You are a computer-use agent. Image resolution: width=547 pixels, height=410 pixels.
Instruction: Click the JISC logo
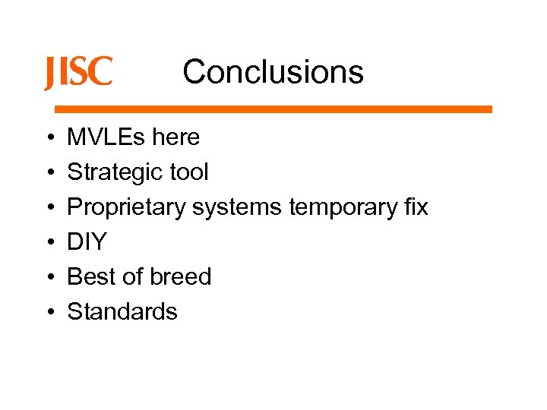click(x=78, y=73)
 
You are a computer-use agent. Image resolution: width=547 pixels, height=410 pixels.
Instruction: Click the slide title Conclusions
click(x=273, y=72)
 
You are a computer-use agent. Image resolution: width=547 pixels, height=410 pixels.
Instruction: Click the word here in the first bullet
click(x=175, y=137)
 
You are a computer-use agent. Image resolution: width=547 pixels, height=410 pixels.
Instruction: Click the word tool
click(x=188, y=172)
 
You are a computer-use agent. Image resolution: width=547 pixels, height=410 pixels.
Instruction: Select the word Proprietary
click(x=126, y=207)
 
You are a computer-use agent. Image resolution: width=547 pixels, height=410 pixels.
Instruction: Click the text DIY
click(x=87, y=242)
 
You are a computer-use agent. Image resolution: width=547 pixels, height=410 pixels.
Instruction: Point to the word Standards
click(x=122, y=312)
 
